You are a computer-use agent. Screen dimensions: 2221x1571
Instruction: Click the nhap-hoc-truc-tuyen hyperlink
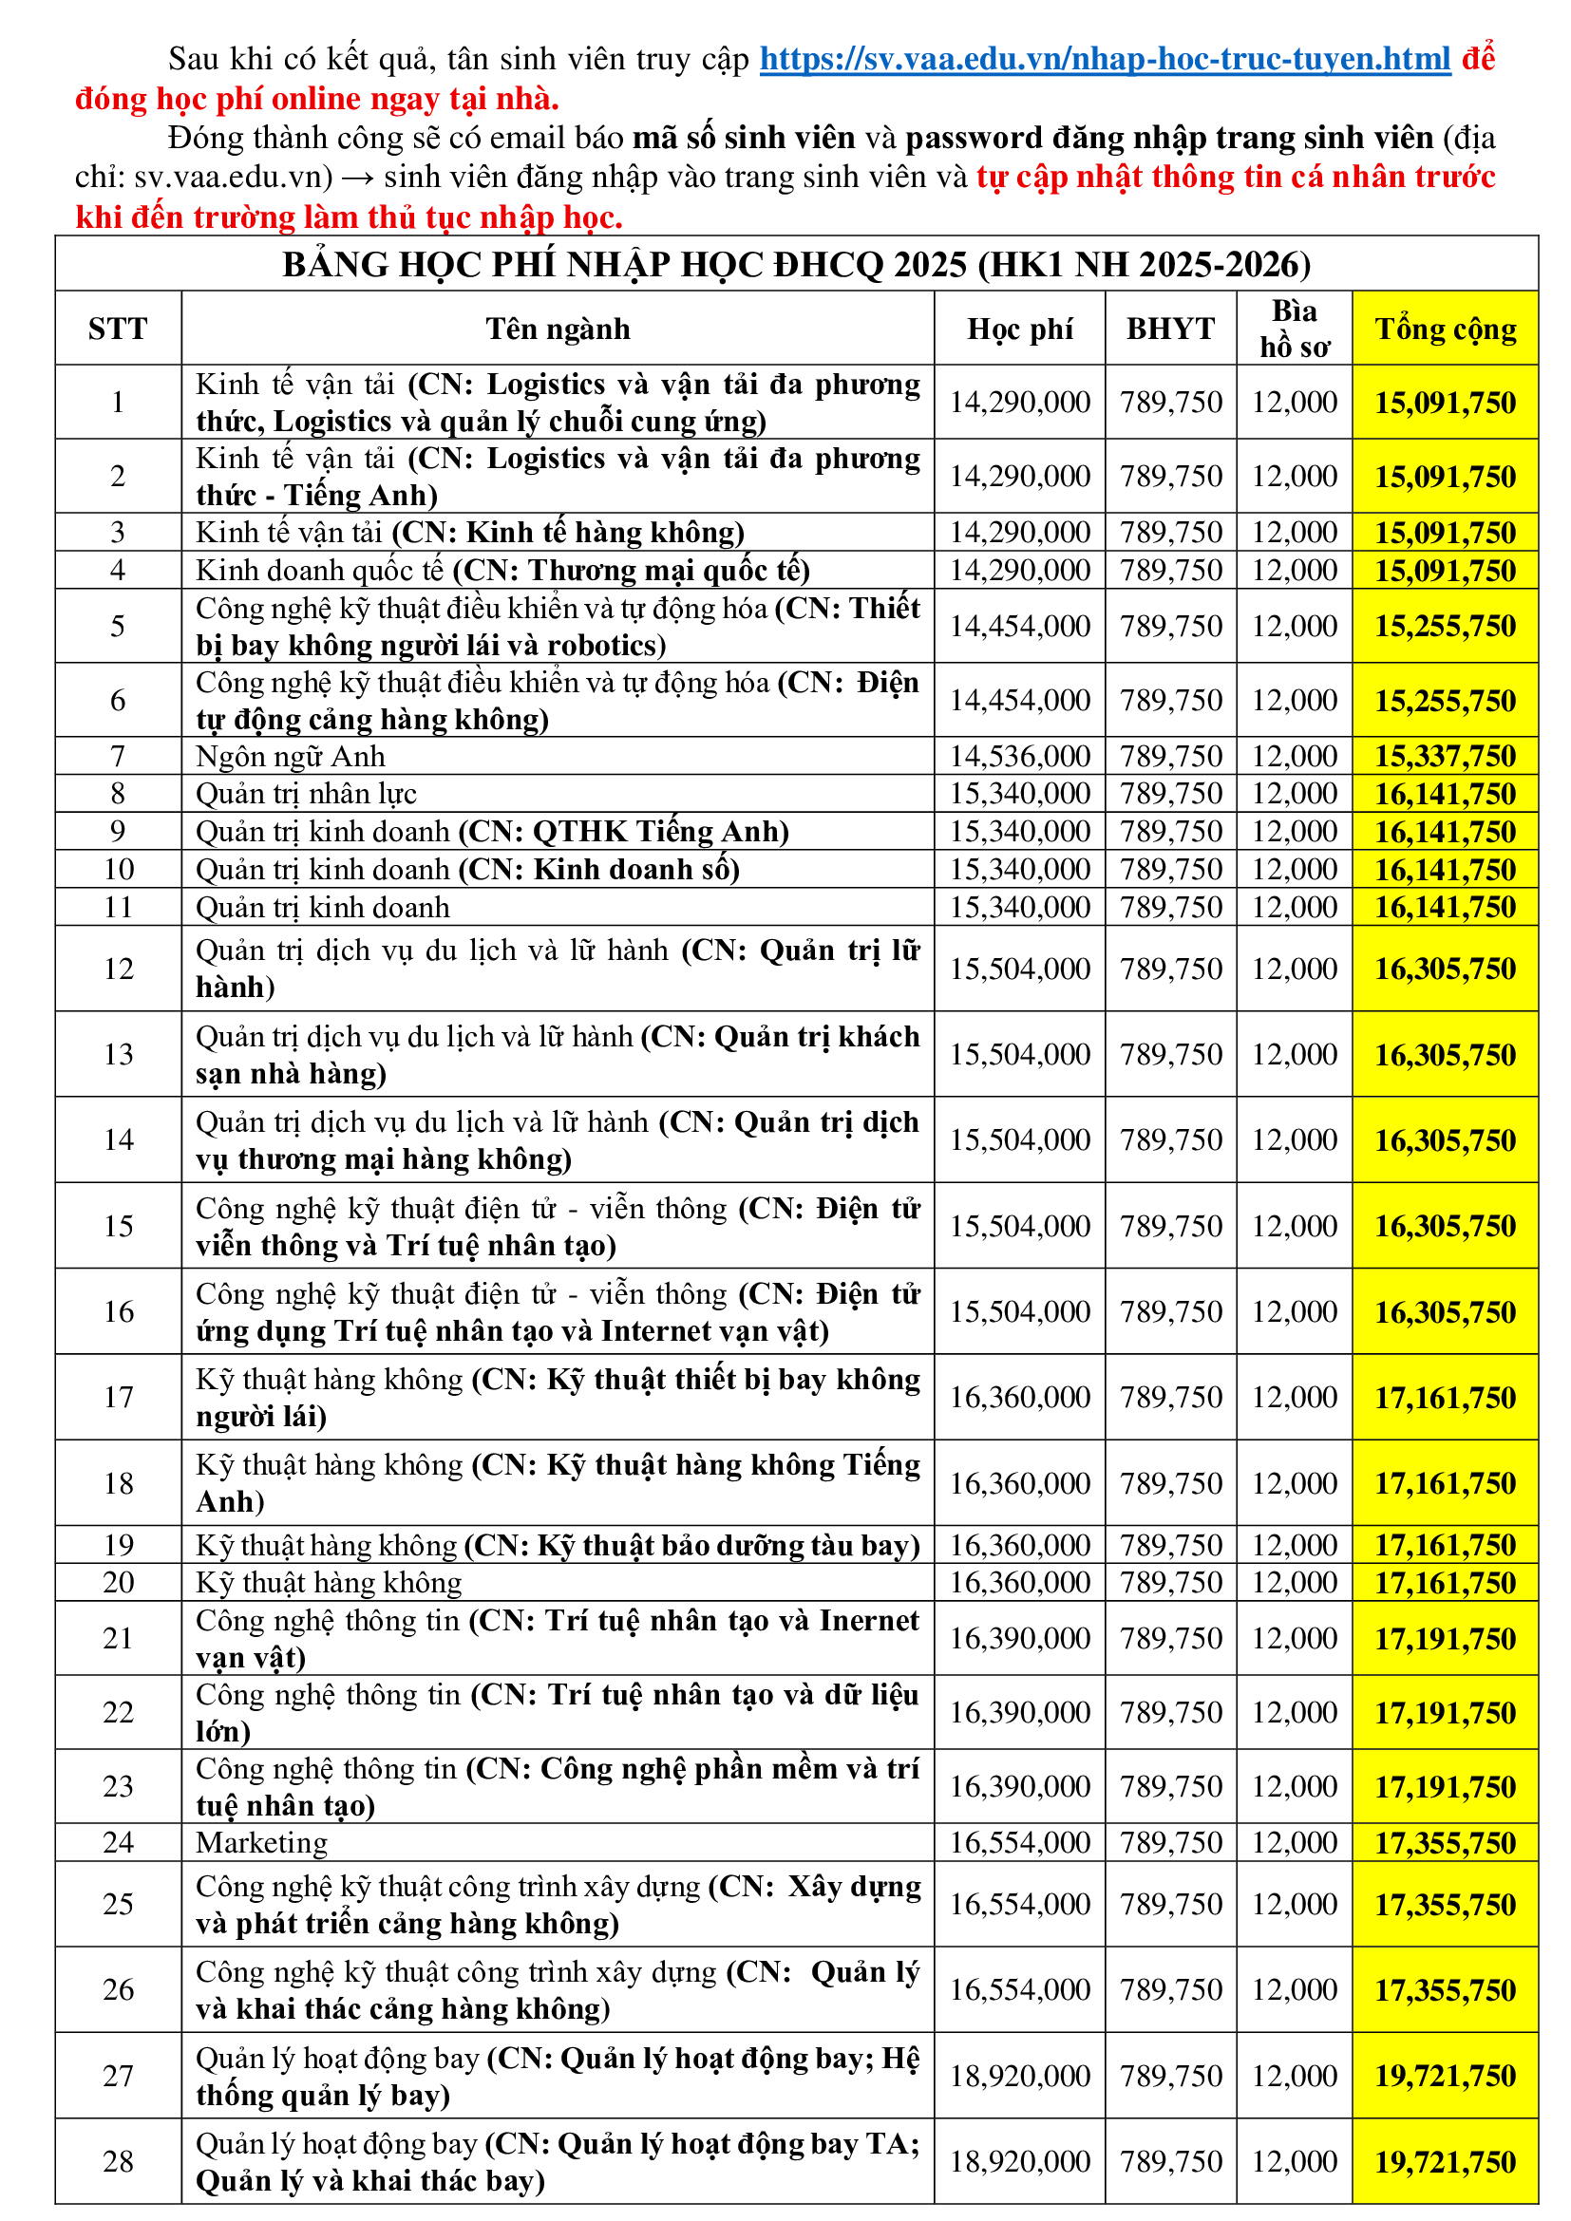(1104, 59)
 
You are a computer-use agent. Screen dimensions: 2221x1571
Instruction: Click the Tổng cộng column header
(1445, 329)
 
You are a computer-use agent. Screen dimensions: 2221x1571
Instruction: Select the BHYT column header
(1169, 329)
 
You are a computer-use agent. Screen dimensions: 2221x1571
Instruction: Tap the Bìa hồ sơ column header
(1294, 329)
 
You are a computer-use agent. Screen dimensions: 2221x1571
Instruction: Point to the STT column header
(118, 329)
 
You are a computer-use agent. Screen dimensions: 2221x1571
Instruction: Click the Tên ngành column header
(558, 329)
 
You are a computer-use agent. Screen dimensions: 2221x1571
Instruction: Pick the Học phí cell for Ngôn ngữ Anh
(1019, 757)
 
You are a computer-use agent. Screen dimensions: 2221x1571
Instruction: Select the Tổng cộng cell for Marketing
(1445, 1843)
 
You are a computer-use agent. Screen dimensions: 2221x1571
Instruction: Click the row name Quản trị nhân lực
(306, 794)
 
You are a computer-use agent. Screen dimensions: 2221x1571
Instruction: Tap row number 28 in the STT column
(118, 2161)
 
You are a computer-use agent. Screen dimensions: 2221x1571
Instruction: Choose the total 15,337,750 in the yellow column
(1445, 757)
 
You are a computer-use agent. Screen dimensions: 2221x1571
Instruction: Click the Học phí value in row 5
(1019, 626)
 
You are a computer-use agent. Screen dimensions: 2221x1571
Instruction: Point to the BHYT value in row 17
(1170, 1397)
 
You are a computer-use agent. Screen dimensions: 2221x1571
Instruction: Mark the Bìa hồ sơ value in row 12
(1294, 969)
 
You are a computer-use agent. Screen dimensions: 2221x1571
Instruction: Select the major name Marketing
(261, 1843)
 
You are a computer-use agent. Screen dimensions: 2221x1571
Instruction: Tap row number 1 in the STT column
(118, 402)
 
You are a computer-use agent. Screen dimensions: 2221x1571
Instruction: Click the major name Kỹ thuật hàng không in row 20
(329, 1583)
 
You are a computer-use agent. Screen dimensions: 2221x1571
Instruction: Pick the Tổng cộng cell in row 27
(1445, 2076)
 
